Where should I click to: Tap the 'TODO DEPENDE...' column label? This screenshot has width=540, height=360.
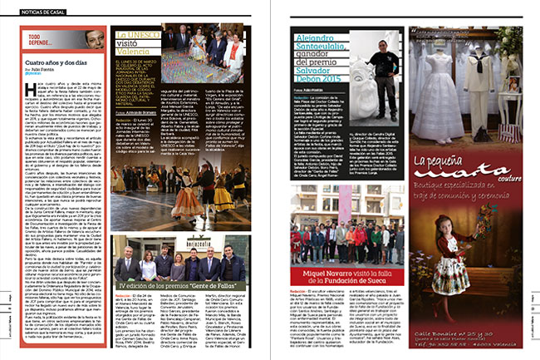[43, 39]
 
